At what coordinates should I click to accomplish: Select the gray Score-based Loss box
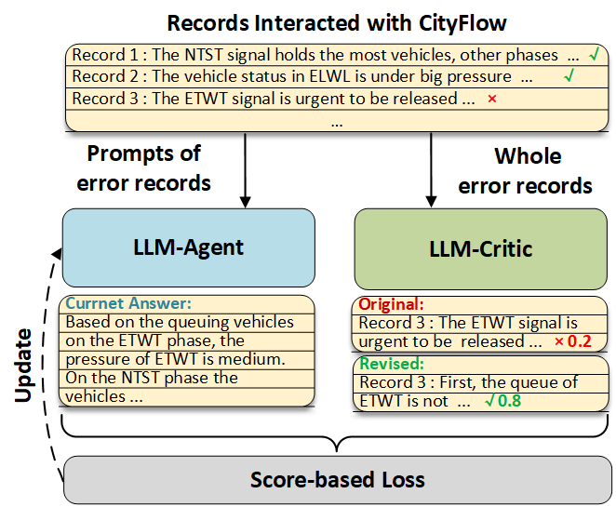337,480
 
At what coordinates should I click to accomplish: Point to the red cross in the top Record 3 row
491,99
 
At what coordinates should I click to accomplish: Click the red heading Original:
392,304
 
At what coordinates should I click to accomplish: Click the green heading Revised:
391,365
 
